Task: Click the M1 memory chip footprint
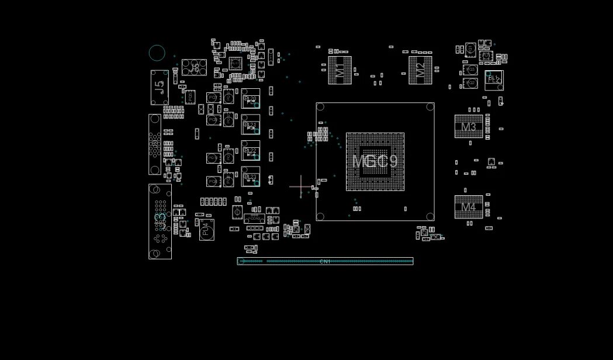tap(340, 70)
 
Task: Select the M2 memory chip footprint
tap(420, 70)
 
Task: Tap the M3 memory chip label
tap(469, 127)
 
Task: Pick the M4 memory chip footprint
tap(469, 207)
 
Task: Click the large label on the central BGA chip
tap(375, 161)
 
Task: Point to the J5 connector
tap(159, 88)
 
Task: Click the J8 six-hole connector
tap(194, 68)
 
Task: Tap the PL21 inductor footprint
tap(250, 124)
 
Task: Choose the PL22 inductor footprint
tap(250, 151)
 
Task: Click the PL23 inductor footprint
tap(250, 176)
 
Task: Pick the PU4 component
tap(206, 230)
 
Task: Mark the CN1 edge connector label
tap(325, 261)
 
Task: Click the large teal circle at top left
tap(157, 53)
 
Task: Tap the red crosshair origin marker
tap(301, 187)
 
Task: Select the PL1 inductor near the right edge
tap(494, 79)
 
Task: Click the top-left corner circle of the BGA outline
tap(320, 107)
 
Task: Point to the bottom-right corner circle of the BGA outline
tap(430, 216)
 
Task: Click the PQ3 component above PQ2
tap(471, 70)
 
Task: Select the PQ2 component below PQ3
tap(471, 84)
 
